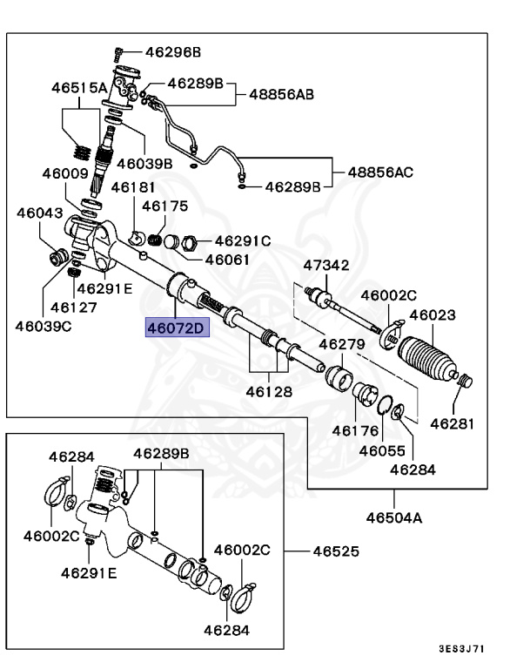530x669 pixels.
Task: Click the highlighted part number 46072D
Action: [177, 328]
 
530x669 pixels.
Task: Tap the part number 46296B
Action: [173, 52]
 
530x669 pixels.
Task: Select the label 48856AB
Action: [281, 94]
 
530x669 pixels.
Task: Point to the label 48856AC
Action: [380, 172]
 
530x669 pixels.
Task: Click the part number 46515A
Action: [79, 88]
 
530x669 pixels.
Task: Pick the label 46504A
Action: [394, 518]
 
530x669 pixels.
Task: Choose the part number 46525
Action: [336, 551]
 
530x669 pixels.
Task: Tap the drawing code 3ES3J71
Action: [462, 649]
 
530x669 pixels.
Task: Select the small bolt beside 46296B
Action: [118, 54]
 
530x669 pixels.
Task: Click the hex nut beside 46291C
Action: [189, 243]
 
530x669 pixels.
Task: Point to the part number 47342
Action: [326, 266]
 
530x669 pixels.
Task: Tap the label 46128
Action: [269, 392]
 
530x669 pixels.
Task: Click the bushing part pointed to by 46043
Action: [58, 256]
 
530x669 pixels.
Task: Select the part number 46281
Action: [452, 424]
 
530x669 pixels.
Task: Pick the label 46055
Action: [382, 451]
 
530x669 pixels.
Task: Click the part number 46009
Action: [65, 173]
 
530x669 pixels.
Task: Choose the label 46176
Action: [355, 431]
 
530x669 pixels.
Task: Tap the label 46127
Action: [74, 307]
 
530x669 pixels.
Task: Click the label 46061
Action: [227, 260]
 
